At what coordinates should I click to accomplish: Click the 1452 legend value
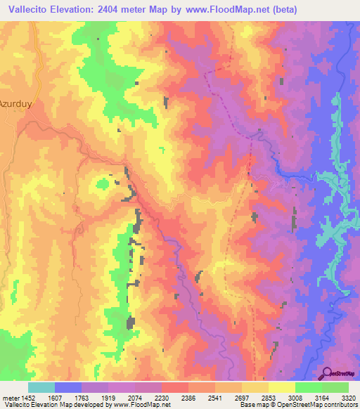coord(27,397)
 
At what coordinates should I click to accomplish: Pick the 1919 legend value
coord(108,397)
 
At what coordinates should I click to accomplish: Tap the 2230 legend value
coord(162,397)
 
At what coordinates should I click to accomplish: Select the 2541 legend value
coord(215,397)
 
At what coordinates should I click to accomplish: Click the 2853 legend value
coord(269,397)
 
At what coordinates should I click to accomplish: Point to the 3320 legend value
coord(349,397)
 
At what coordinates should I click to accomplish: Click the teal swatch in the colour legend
coord(41,387)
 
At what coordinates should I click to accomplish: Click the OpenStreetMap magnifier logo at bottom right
coord(327,373)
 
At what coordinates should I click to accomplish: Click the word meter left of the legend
coord(9,397)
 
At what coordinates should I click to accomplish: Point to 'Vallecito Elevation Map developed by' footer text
coord(41,405)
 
